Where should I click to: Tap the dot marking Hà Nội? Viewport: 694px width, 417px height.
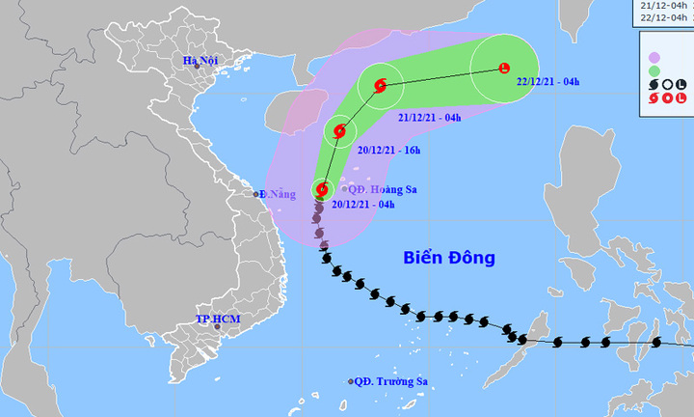[x=196, y=68]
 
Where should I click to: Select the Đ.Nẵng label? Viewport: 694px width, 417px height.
[x=279, y=194]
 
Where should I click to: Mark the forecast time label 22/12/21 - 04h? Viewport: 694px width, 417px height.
[x=547, y=81]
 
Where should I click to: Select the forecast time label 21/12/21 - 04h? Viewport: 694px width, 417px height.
[x=430, y=117]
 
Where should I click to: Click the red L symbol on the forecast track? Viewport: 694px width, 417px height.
[x=503, y=68]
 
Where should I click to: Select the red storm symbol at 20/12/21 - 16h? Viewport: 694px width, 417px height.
[x=338, y=131]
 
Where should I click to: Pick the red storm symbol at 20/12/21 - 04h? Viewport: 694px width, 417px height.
[x=321, y=190]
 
